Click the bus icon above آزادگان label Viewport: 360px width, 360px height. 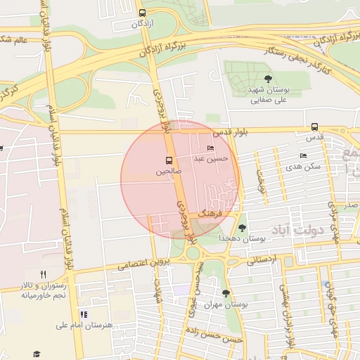tap(142, 13)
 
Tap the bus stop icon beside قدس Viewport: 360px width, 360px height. tap(314, 127)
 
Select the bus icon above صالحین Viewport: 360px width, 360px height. tap(167, 160)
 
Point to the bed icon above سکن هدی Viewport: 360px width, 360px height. tap(303, 156)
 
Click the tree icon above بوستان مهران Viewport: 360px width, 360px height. tap(225, 293)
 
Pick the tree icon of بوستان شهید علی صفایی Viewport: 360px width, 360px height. tap(266, 79)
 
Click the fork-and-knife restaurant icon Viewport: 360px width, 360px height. tap(43, 274)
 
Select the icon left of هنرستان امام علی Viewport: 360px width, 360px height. tap(84, 314)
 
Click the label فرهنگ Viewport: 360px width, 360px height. tap(210, 211)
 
